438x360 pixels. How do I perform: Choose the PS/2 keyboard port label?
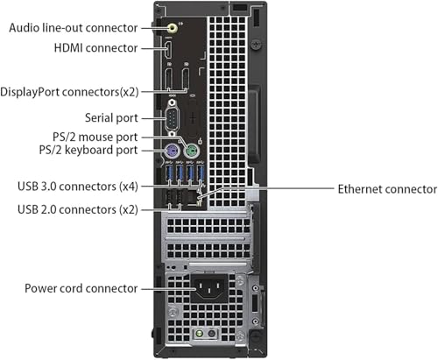click(91, 151)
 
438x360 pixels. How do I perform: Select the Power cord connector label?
click(81, 288)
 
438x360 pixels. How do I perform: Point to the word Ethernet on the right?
click(362, 188)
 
